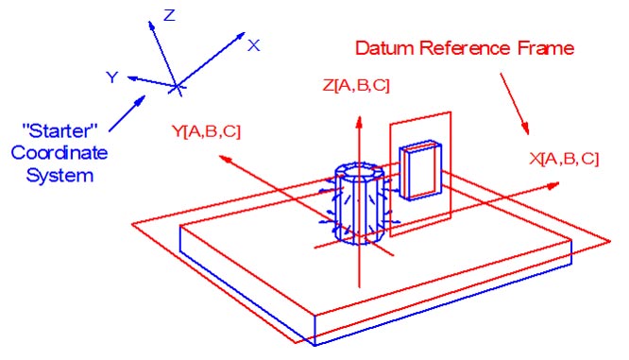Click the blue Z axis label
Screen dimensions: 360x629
[170, 14]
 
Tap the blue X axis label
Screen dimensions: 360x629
[253, 44]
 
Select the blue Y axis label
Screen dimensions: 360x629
[111, 77]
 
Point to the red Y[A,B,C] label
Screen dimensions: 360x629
[205, 132]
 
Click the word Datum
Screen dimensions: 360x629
[382, 46]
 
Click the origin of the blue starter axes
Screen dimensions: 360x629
[176, 87]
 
